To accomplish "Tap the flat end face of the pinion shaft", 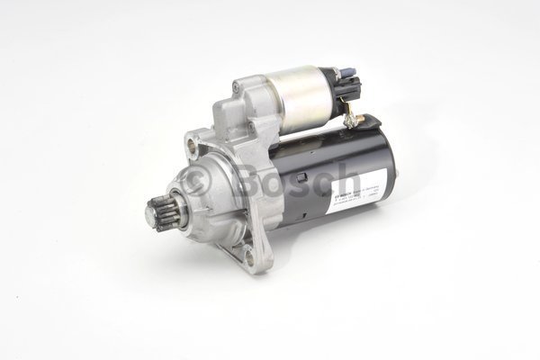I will (151, 215).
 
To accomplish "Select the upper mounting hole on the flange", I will (193, 141).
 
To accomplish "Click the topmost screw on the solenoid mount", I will (238, 87).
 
